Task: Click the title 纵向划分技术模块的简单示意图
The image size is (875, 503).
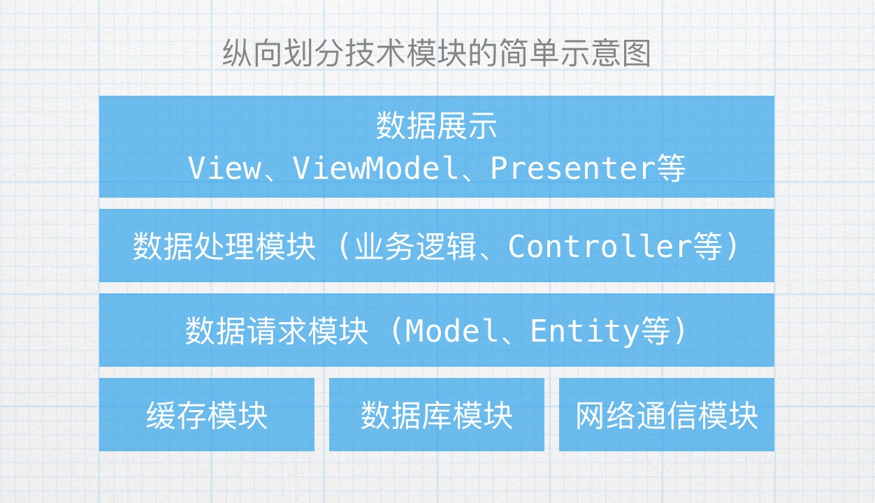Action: tap(437, 54)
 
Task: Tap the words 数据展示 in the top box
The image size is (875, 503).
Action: tap(437, 126)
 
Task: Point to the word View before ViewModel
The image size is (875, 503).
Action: tap(223, 168)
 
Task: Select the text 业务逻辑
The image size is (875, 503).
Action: tap(416, 247)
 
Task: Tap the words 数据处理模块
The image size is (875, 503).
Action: tap(224, 247)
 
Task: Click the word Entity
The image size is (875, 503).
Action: tap(584, 330)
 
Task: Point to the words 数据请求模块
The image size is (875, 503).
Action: tap(277, 330)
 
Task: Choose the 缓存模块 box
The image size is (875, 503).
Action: tap(207, 415)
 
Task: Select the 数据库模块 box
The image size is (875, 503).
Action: tap(437, 415)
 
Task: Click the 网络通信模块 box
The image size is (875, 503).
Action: tap(667, 415)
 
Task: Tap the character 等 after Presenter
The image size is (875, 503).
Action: tap(671, 168)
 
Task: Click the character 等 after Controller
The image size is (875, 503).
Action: tap(708, 247)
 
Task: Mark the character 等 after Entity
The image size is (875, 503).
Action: tap(655, 330)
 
